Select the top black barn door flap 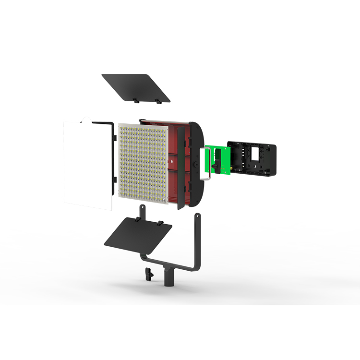pos(135,87)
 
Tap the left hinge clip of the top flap pos(136,101)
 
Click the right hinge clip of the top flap pos(158,101)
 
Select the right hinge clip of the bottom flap pos(160,222)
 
